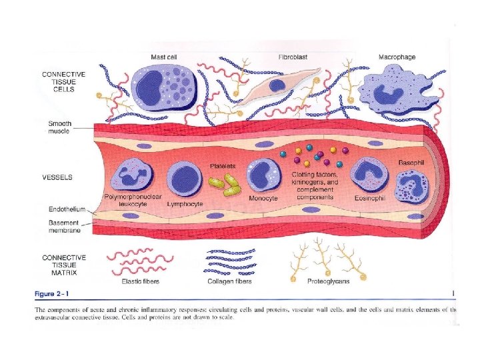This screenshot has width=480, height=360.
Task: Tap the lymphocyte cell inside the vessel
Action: click(x=184, y=179)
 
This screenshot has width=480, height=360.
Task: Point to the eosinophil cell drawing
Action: click(x=368, y=176)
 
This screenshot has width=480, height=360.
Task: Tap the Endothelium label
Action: click(x=65, y=209)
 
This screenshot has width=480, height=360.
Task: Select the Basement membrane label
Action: click(x=65, y=227)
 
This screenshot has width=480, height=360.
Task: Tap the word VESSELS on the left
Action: click(x=57, y=178)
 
